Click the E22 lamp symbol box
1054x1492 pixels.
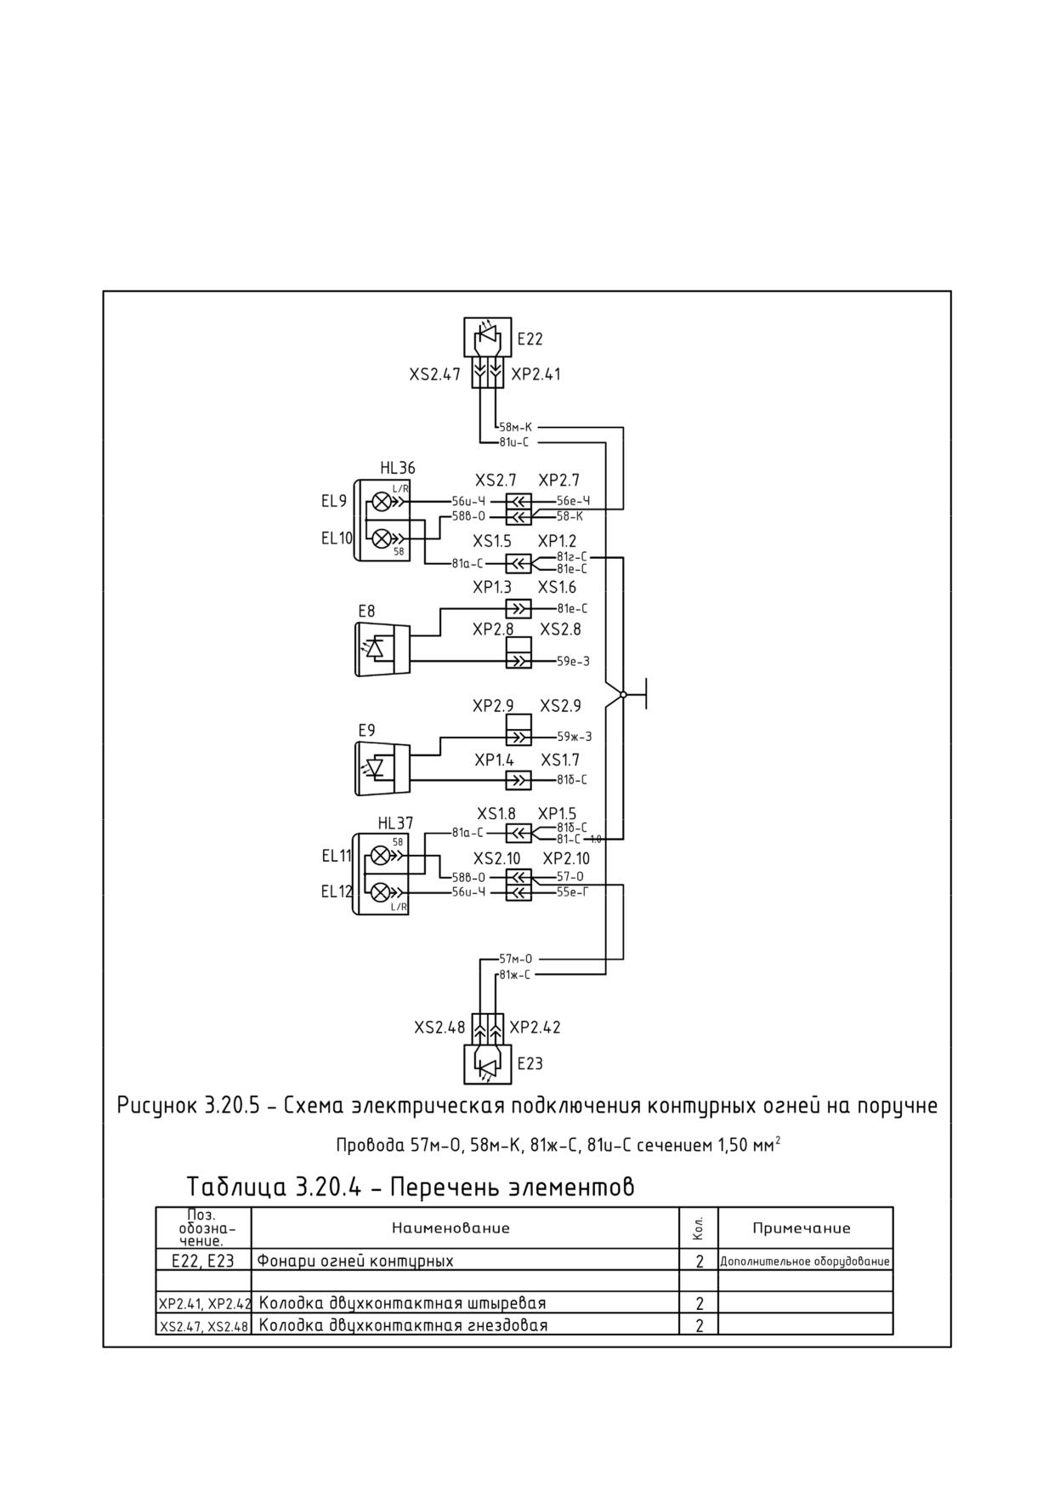[x=488, y=337]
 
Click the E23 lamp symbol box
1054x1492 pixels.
[x=488, y=1064]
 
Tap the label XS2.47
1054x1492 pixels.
[x=434, y=374]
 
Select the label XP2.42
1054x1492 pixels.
[x=535, y=1027]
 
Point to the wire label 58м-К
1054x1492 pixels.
[x=515, y=427]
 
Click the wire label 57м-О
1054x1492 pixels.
[x=516, y=959]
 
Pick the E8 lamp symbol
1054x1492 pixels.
[x=382, y=649]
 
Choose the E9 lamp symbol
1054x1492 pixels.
[x=382, y=768]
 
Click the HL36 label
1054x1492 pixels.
[x=398, y=468]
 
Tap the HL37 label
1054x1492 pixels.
[x=395, y=823]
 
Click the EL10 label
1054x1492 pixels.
[x=336, y=538]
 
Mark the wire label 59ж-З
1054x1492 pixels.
[x=575, y=737]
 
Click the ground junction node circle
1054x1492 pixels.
[x=623, y=694]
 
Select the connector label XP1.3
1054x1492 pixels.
[x=492, y=587]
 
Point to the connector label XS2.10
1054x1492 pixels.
[x=496, y=858]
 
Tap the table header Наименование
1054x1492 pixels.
[x=450, y=1228]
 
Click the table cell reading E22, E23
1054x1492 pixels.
[x=203, y=1261]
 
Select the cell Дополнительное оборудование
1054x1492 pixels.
[x=805, y=1261]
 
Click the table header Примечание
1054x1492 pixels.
[x=802, y=1228]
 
